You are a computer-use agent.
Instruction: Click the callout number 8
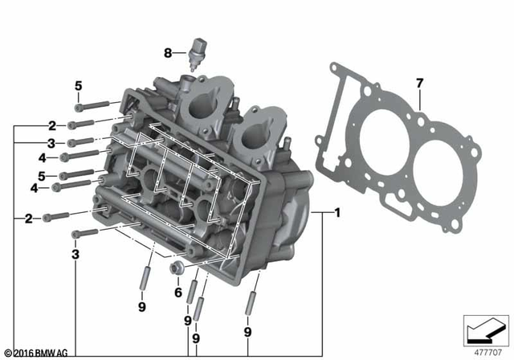(x=168, y=54)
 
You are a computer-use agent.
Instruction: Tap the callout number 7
(x=418, y=84)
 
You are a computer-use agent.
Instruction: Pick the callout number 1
(x=338, y=214)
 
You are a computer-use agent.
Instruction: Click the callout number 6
(x=178, y=292)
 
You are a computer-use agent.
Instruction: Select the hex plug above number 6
(x=177, y=269)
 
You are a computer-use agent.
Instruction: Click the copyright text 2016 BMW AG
(x=37, y=353)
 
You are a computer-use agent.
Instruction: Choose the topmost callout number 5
(x=79, y=87)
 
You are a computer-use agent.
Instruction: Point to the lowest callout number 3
(x=75, y=254)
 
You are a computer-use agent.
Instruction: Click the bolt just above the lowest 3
(x=87, y=234)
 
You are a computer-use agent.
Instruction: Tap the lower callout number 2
(x=29, y=218)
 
